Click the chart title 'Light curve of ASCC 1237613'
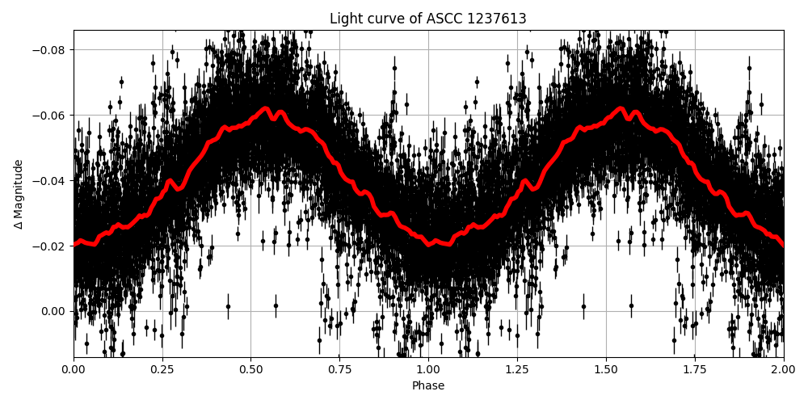point(428,19)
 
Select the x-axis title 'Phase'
point(428,385)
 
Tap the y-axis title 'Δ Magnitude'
point(19,194)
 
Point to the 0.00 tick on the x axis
point(74,369)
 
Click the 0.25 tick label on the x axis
point(162,369)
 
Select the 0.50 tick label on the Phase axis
point(251,369)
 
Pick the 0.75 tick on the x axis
point(339,369)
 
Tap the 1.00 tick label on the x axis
point(428,369)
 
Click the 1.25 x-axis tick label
point(517,369)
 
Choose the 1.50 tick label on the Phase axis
point(606,369)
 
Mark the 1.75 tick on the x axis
point(695,369)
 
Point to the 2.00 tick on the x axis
point(783,369)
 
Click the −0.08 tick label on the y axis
point(50,49)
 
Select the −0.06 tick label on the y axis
point(50,115)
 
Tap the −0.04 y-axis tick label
point(50,180)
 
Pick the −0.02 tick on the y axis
point(50,246)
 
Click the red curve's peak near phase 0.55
point(266,108)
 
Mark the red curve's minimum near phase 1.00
point(431,244)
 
